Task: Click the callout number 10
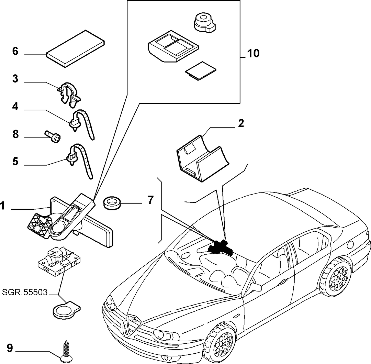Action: [254, 53]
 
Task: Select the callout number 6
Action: [15, 51]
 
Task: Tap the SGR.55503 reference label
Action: [25, 292]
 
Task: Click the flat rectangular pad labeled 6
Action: [76, 48]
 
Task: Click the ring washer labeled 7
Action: [112, 202]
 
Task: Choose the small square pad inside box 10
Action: [200, 71]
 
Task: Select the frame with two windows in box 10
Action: [173, 46]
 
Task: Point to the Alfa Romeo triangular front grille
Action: [134, 324]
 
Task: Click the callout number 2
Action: [241, 123]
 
